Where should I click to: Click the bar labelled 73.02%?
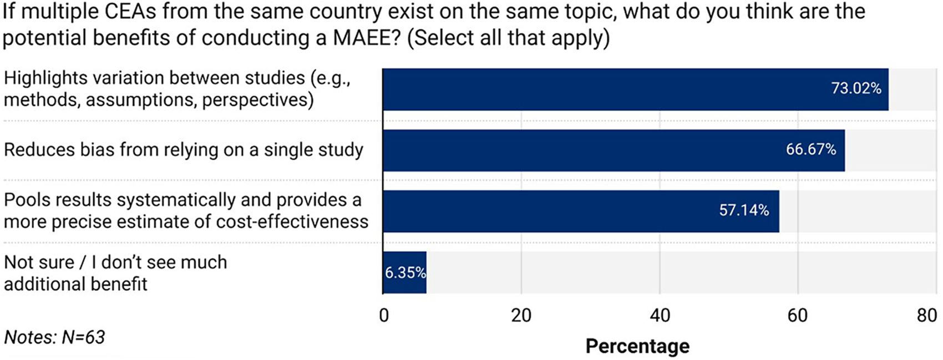(636, 89)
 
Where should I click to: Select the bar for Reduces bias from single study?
(614, 150)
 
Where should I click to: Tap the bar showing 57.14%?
(581, 211)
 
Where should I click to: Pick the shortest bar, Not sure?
(404, 272)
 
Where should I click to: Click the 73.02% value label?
(856, 88)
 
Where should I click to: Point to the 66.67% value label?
(811, 149)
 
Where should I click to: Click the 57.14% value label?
(744, 210)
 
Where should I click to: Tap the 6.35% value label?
(405, 273)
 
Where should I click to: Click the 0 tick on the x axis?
(383, 316)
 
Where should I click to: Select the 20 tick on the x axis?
(521, 316)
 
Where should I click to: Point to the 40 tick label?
(660, 316)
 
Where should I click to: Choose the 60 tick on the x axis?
(798, 316)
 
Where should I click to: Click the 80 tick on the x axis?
(927, 316)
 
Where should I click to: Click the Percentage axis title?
(638, 347)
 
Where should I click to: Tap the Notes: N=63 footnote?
(54, 337)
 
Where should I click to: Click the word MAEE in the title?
(366, 38)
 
